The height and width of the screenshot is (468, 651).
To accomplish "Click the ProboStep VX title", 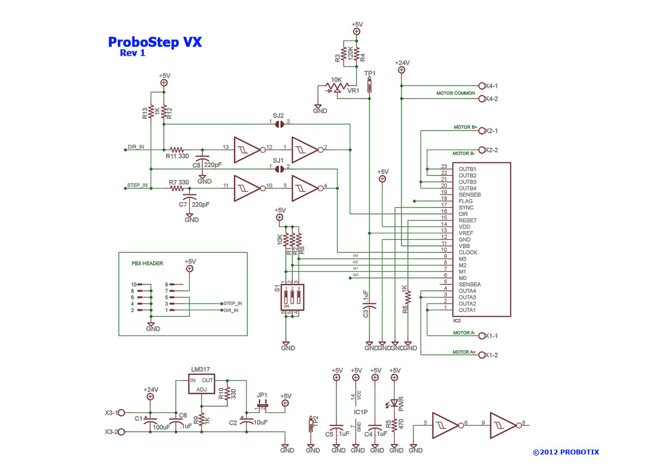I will [x=155, y=42].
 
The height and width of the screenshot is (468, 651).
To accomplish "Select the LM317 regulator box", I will [x=201, y=382].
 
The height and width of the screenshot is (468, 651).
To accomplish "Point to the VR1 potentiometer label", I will [x=353, y=90].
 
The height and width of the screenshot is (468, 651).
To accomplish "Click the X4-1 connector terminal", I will [x=481, y=86].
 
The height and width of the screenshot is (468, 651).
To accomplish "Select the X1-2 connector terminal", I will [x=481, y=355].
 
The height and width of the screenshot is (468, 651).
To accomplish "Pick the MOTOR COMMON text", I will [x=456, y=93].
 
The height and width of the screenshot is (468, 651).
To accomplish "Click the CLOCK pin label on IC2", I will [x=469, y=252].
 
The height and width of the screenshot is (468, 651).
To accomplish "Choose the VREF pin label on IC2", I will [x=466, y=233].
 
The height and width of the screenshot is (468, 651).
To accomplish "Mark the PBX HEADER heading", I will [x=148, y=263].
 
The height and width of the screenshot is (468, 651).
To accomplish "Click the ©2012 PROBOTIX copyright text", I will [x=566, y=452].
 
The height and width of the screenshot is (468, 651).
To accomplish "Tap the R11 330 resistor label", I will [x=177, y=156].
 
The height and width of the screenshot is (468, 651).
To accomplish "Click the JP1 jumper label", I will [x=263, y=394].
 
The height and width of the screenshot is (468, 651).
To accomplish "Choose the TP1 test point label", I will [x=369, y=73].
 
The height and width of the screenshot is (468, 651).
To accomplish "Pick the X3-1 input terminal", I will [x=122, y=413].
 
